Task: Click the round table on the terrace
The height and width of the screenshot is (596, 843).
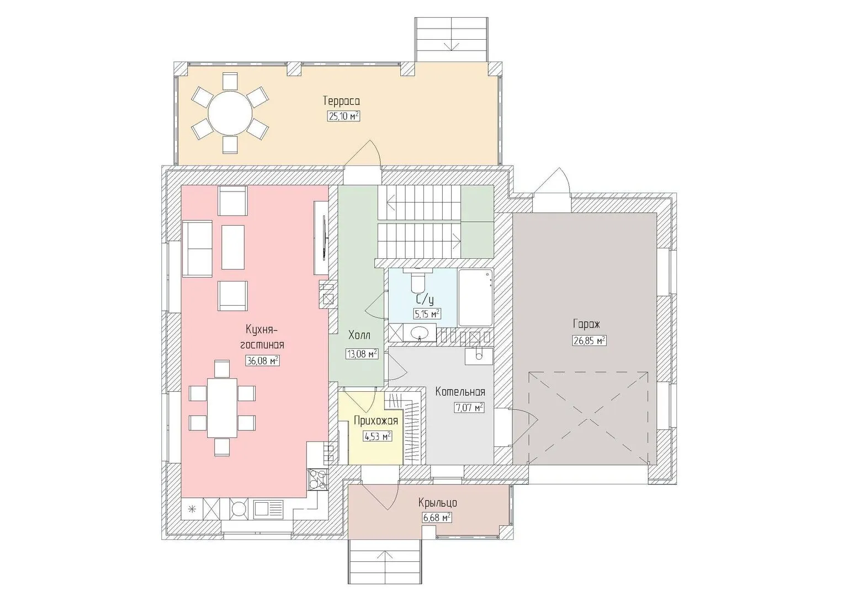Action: [230, 113]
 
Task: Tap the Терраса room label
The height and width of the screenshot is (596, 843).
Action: [341, 101]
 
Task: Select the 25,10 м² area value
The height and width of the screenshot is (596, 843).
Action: [344, 116]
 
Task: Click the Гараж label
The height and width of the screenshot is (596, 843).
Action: [586, 324]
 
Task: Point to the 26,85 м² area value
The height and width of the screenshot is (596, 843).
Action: [590, 340]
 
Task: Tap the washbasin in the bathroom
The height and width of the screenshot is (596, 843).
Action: [418, 333]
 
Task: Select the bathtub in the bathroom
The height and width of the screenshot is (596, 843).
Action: [475, 297]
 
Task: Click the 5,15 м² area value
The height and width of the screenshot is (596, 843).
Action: [427, 314]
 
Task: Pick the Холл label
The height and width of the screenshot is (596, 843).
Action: [359, 335]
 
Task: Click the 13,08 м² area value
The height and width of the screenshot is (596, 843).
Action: [362, 354]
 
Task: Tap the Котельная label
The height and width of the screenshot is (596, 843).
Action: [460, 392]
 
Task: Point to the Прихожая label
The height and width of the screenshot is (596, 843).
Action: [376, 421]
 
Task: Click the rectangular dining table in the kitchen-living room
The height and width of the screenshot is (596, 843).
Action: [222, 408]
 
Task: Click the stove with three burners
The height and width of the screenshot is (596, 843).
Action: [317, 479]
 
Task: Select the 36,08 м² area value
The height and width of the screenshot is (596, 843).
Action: [262, 361]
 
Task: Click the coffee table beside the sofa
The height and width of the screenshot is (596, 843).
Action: [232, 247]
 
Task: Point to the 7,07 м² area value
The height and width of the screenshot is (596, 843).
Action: [469, 408]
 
